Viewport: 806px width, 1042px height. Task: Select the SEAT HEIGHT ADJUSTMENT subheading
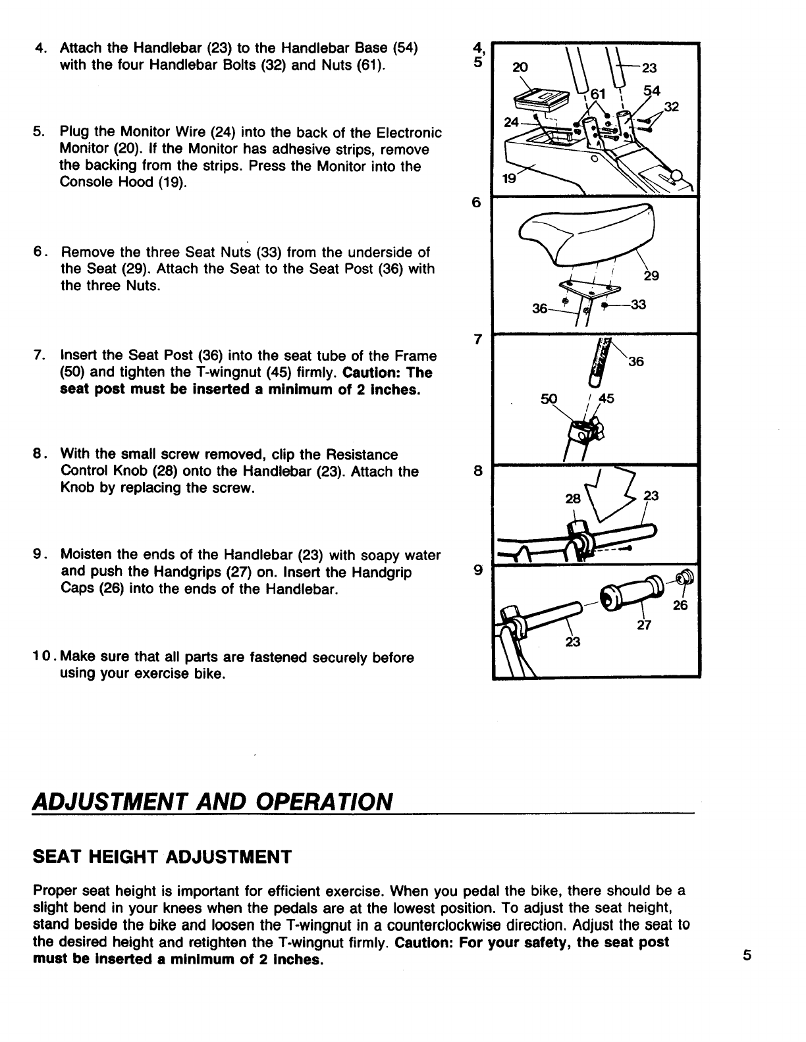pyautogui.click(x=161, y=857)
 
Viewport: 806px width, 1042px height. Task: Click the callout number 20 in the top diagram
pyautogui.click(x=520, y=66)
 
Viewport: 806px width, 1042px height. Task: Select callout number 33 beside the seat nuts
pyautogui.click(x=637, y=305)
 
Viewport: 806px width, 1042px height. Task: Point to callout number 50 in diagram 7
pyautogui.click(x=549, y=398)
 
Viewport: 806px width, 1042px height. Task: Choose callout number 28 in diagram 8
pyautogui.click(x=573, y=498)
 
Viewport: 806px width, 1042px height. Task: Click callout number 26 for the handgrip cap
pyautogui.click(x=680, y=606)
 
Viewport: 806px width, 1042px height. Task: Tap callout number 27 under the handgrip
pyautogui.click(x=644, y=625)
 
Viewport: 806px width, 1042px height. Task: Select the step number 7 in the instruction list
pyautogui.click(x=38, y=356)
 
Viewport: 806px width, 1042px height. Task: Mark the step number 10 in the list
pyautogui.click(x=41, y=658)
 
